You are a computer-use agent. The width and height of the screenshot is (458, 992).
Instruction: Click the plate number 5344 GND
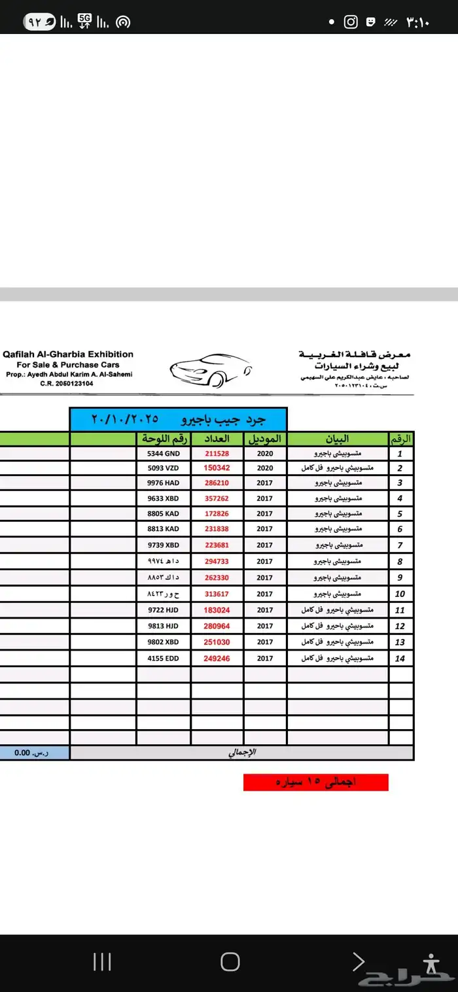click(164, 453)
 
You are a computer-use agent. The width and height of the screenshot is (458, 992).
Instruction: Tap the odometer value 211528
click(217, 453)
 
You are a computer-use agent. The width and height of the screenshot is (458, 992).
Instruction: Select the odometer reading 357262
click(217, 498)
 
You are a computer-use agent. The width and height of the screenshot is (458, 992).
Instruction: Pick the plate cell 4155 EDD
click(164, 658)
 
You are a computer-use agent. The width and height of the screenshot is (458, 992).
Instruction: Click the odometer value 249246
click(217, 658)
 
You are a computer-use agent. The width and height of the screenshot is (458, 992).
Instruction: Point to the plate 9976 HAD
click(164, 483)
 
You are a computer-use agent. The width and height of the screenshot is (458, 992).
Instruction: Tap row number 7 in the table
click(400, 545)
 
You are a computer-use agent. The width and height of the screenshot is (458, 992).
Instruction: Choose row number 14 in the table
click(400, 658)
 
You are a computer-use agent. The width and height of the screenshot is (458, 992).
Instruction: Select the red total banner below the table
click(315, 782)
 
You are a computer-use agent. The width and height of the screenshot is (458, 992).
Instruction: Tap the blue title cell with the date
click(178, 419)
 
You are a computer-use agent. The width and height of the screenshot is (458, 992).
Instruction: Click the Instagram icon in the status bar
click(351, 22)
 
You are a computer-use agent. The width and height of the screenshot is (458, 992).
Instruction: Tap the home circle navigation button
click(230, 961)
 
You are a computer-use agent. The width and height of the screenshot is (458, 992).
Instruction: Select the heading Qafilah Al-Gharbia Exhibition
click(68, 354)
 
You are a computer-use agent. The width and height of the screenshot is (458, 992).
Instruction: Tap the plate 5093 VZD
click(164, 468)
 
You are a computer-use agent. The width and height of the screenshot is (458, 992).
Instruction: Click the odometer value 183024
click(217, 610)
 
